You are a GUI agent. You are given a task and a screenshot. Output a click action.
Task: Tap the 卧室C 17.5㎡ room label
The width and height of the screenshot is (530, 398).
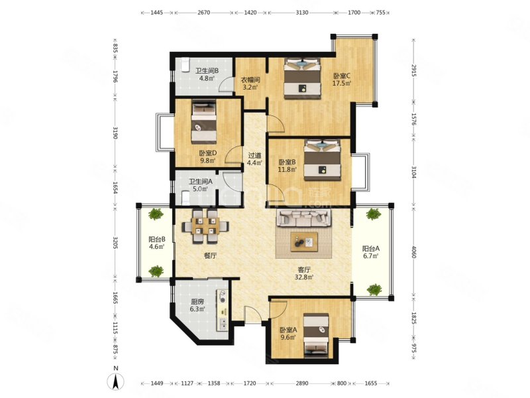[x=343, y=80]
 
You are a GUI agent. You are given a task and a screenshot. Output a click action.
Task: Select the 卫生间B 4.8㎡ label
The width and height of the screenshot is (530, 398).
[x=207, y=74]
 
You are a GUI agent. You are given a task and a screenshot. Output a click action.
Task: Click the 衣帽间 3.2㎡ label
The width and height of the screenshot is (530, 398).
[x=250, y=84]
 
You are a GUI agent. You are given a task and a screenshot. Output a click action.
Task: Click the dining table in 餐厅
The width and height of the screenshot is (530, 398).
[x=205, y=226]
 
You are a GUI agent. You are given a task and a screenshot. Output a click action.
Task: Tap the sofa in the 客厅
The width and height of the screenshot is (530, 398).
[x=304, y=218]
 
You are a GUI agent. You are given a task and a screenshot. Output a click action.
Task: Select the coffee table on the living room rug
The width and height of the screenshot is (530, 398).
[x=304, y=242]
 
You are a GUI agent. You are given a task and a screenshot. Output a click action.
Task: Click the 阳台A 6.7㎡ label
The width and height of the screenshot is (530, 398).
[x=371, y=252]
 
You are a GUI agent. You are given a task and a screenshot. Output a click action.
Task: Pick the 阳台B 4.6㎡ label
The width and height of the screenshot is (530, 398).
[x=157, y=243]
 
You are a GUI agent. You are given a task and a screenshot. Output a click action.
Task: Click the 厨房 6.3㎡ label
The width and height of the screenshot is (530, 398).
[x=197, y=305]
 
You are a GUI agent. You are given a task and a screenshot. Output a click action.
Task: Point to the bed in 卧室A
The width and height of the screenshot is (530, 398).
[x=316, y=335]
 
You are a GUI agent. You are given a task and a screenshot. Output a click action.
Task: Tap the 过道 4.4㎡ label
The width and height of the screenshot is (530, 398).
[x=255, y=159]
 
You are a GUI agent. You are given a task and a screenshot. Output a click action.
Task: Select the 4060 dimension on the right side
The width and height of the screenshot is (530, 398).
[x=413, y=252]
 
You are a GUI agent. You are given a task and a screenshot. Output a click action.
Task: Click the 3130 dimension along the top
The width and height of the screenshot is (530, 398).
[x=302, y=13]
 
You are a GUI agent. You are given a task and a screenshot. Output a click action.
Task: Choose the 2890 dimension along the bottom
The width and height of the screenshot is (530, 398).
[x=302, y=383]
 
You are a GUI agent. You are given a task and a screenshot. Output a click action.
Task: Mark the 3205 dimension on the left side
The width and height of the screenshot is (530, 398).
[x=115, y=242]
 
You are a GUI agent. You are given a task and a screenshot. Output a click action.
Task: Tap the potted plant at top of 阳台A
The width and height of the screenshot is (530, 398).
[x=374, y=214]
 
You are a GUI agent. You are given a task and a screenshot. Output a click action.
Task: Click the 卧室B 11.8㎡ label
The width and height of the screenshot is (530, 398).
[x=288, y=165]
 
